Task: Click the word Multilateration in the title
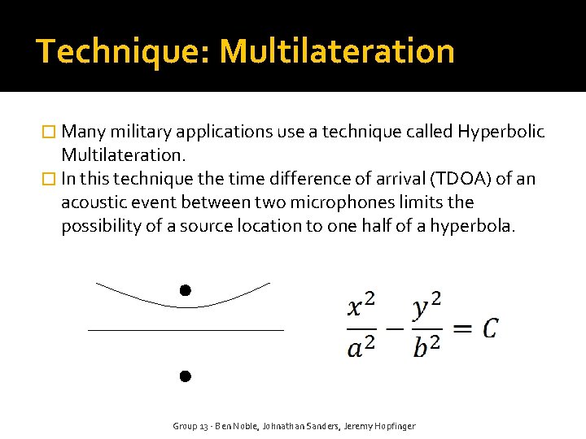(x=337, y=51)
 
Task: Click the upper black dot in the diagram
(x=186, y=290)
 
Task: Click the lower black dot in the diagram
(x=186, y=376)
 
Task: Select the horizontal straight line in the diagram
(x=186, y=331)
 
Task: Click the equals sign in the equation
(x=461, y=328)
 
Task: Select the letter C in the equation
(x=489, y=328)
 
